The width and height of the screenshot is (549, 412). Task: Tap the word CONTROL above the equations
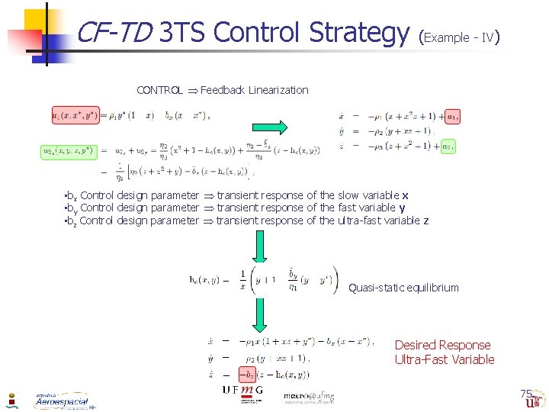[x=159, y=90]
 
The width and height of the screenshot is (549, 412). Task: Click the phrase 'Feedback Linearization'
[x=255, y=90]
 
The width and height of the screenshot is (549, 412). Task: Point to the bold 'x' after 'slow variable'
[x=405, y=195]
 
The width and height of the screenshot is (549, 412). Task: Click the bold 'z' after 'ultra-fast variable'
[x=425, y=220]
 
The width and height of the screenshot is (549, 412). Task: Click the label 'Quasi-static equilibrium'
[x=403, y=288]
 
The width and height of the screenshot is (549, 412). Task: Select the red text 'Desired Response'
[x=442, y=345]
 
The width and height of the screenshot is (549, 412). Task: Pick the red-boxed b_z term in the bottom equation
[x=248, y=375]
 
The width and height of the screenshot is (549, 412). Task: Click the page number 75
[x=525, y=394]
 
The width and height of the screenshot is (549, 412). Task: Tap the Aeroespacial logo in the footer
[x=61, y=400]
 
